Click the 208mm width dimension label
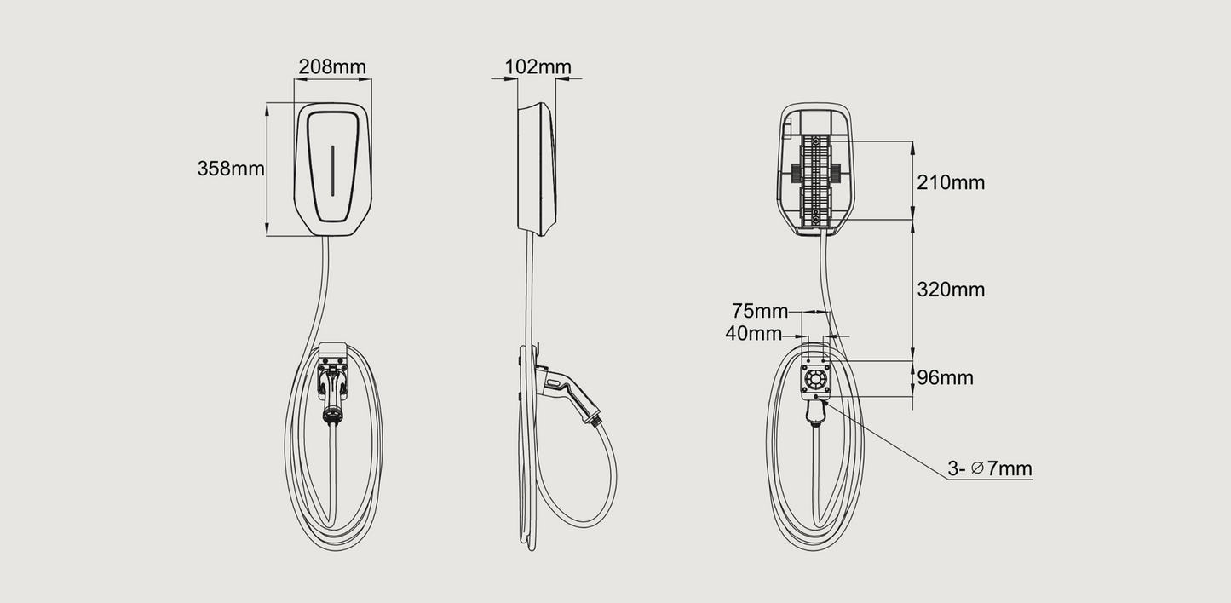tap(332, 67)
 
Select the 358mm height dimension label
tap(231, 169)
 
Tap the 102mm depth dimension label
tap(538, 67)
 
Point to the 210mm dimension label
tap(951, 182)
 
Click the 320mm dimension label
tap(951, 290)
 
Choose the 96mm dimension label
tap(946, 378)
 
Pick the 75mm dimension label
tap(760, 311)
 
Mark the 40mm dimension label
tap(753, 333)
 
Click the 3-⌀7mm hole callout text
tap(990, 468)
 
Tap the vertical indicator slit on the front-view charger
tap(332, 171)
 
